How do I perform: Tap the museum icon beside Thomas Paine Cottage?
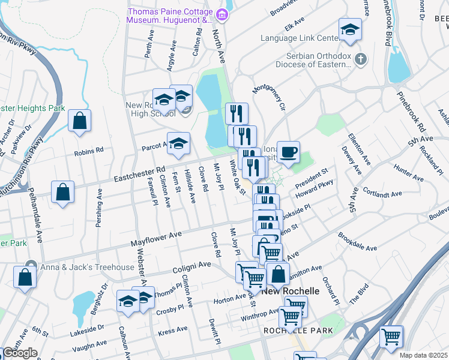tap(222, 14)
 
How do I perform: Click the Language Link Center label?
tap(299, 38)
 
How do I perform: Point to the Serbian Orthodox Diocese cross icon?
tap(360, 59)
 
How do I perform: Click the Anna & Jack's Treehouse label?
tap(88, 266)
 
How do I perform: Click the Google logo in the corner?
tap(20, 353)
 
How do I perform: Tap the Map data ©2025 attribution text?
tap(423, 355)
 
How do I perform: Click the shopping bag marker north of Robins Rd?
tap(79, 121)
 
